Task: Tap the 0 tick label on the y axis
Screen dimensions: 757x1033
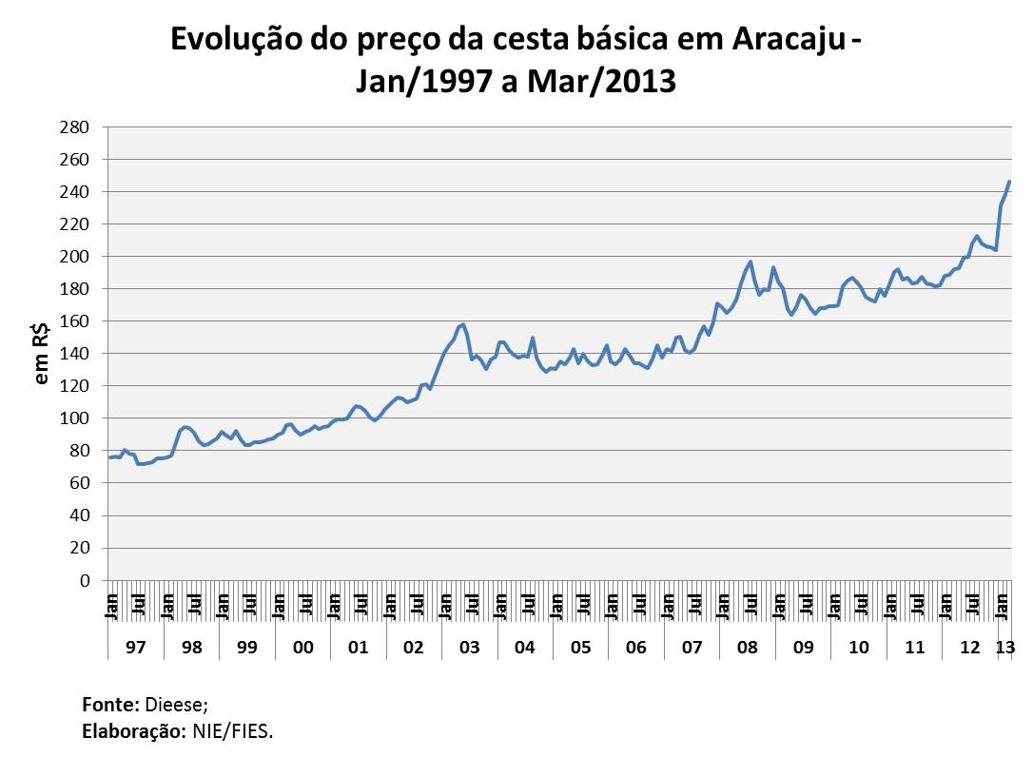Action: (x=86, y=580)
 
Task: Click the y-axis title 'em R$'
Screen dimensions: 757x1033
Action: (x=42, y=354)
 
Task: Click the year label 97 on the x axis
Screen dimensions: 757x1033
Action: (x=135, y=648)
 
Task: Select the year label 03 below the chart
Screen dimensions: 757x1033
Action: (x=469, y=648)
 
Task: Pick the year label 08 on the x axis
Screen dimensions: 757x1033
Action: (x=748, y=648)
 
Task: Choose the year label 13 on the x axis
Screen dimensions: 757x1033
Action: (x=1004, y=648)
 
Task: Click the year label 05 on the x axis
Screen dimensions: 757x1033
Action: (x=580, y=648)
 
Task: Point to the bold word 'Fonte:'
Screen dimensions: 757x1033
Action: (x=111, y=705)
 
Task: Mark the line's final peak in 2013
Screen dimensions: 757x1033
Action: (x=1009, y=182)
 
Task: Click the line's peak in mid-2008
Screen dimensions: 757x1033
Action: (x=750, y=262)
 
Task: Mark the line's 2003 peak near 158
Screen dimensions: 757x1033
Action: (x=462, y=324)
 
